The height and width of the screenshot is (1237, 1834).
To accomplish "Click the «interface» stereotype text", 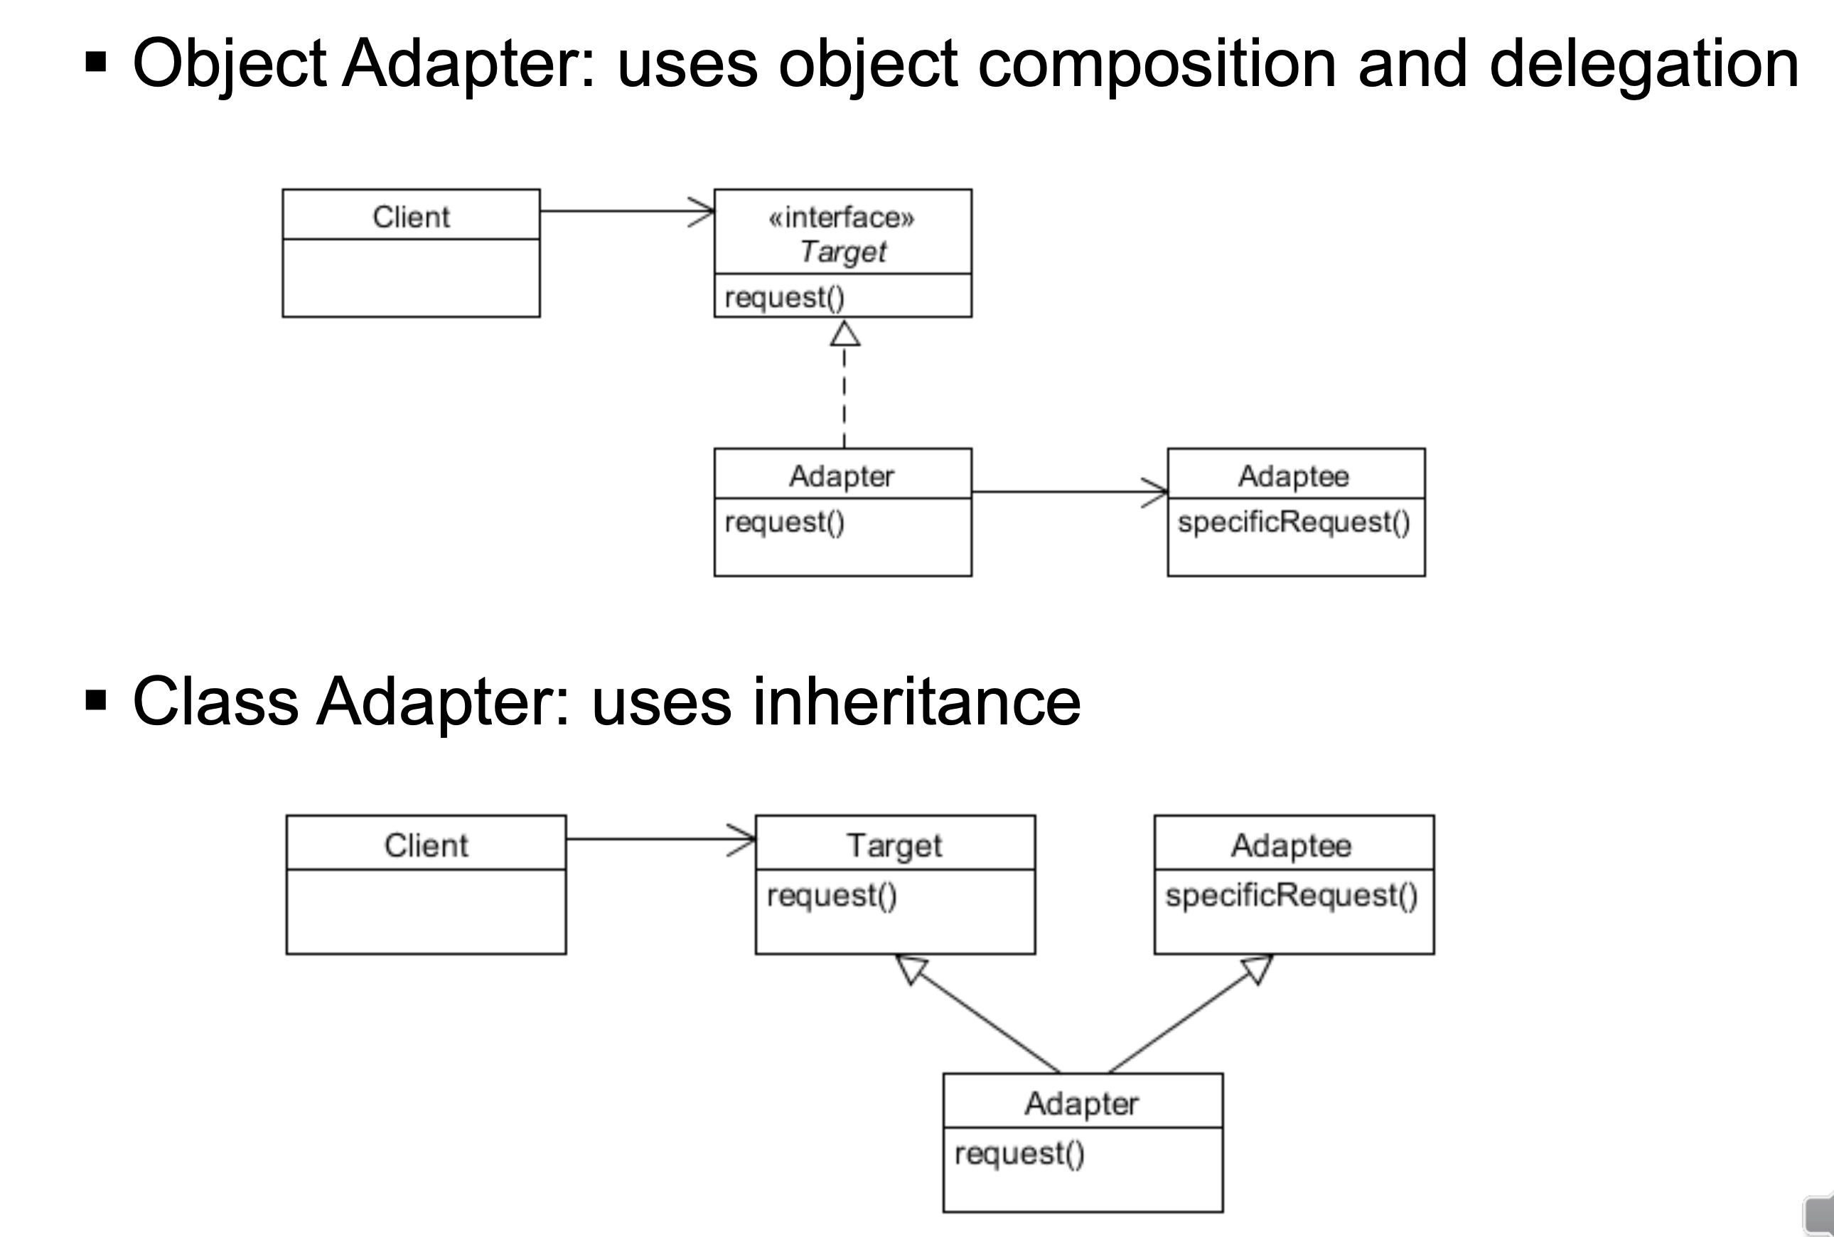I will tap(842, 217).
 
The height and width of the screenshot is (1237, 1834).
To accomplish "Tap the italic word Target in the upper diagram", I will tap(842, 252).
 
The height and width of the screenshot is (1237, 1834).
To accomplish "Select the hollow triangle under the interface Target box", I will tap(844, 335).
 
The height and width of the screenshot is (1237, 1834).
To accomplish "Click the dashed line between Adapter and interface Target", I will tap(844, 398).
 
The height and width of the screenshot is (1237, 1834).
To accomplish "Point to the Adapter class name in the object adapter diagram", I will tap(842, 476).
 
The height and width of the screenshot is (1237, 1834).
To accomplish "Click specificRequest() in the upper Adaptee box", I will tap(1294, 523).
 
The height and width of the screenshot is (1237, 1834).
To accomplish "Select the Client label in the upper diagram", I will tap(411, 217).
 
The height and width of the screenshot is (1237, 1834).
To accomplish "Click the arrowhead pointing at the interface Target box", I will tap(703, 211).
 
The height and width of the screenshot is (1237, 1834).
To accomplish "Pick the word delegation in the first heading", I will tap(1644, 65).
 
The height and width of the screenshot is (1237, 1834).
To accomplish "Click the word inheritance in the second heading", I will tap(916, 702).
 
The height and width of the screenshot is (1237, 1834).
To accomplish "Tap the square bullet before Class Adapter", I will tap(96, 700).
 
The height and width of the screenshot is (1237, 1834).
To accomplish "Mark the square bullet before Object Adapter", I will tap(96, 63).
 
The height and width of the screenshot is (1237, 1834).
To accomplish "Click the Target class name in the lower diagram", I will tap(894, 846).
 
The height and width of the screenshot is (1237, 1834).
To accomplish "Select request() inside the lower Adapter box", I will tap(1019, 1153).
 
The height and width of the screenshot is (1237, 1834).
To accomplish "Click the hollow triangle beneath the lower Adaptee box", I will tap(1257, 968).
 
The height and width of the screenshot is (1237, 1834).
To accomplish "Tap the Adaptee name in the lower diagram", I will tap(1292, 846).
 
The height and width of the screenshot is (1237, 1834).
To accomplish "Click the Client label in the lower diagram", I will tap(426, 846).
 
